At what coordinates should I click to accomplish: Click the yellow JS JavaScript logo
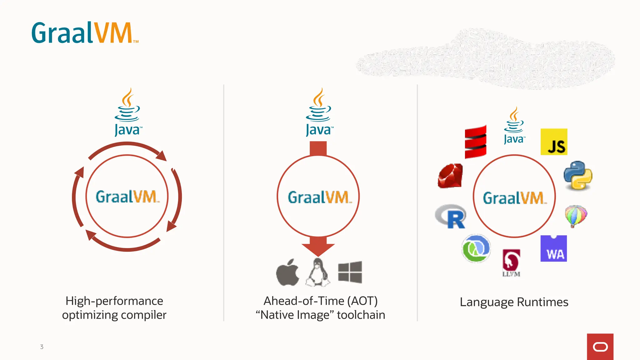pyautogui.click(x=554, y=142)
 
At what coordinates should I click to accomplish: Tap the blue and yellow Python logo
pyautogui.click(x=578, y=176)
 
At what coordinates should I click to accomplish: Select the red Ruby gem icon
pyautogui.click(x=450, y=176)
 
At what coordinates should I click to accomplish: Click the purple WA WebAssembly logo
pyautogui.click(x=553, y=249)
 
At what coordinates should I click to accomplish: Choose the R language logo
pyautogui.click(x=451, y=216)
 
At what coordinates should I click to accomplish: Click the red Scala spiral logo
pyautogui.click(x=475, y=142)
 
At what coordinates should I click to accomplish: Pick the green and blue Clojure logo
pyautogui.click(x=476, y=249)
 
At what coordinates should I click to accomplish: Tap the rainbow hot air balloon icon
pyautogui.click(x=576, y=216)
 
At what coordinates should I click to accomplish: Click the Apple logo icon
pyautogui.click(x=287, y=272)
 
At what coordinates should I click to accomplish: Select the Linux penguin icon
pyautogui.click(x=318, y=272)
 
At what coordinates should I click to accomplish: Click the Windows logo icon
pyautogui.click(x=350, y=272)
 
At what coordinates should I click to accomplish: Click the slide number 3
pyautogui.click(x=42, y=347)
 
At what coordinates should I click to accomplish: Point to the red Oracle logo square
pyautogui.click(x=600, y=347)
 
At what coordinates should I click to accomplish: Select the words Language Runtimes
pyautogui.click(x=514, y=302)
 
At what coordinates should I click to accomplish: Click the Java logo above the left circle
pyautogui.click(x=127, y=112)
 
